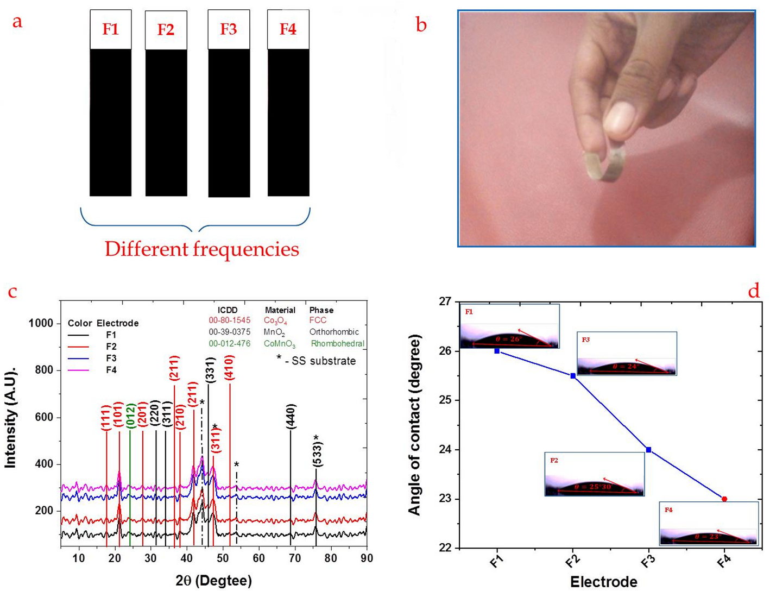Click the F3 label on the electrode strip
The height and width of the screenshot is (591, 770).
point(229,29)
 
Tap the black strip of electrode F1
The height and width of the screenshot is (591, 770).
point(110,122)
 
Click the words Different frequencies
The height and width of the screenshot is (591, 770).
point(201,249)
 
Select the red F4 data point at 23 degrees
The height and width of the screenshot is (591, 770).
point(724,499)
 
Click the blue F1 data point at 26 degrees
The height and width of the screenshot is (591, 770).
point(497,351)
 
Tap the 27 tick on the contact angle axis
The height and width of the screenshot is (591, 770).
point(446,301)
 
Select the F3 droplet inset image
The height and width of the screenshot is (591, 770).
point(627,353)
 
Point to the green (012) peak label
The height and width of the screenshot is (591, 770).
point(130,417)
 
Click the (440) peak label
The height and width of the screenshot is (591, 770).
point(291,417)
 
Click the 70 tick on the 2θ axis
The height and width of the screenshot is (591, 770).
point(295,558)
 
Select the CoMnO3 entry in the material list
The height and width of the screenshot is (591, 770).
point(280,344)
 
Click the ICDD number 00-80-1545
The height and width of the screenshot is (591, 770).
point(230,320)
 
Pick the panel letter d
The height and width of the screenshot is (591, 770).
point(754,291)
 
